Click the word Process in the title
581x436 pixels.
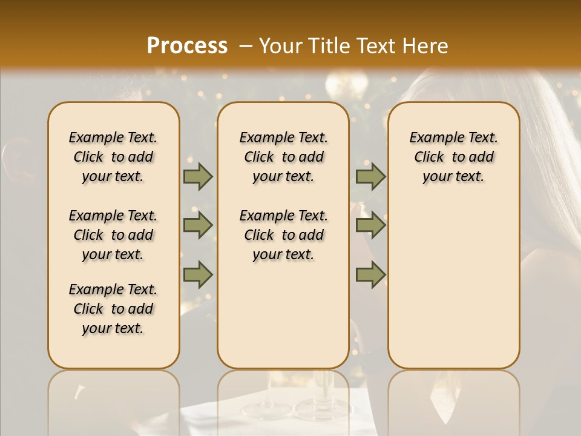[x=187, y=46]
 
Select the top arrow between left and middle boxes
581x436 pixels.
[x=198, y=176]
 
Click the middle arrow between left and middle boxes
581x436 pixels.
[x=198, y=225]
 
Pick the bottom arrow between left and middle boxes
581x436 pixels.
[x=198, y=274]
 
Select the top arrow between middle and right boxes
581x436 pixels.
[x=370, y=176]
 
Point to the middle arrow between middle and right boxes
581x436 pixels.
[x=370, y=225]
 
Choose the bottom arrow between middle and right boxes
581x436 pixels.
[x=370, y=274]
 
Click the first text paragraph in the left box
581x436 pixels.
[x=113, y=157]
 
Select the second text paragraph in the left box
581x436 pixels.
[x=113, y=235]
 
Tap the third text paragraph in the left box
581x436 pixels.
[x=113, y=309]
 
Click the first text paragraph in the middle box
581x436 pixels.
[x=283, y=157]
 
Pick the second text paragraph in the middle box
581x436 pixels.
[x=283, y=235]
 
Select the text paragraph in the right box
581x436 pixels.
[x=453, y=157]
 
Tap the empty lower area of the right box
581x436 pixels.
[x=453, y=291]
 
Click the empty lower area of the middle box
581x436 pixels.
[x=283, y=315]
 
